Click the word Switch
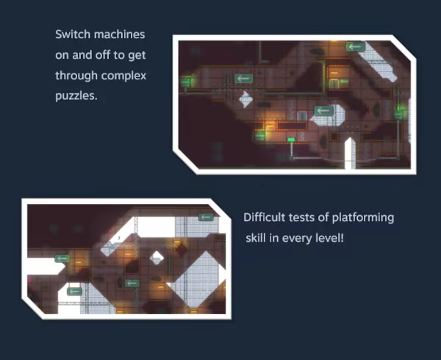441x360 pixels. click(73, 35)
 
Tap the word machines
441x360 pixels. click(120, 35)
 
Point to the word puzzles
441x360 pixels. click(76, 96)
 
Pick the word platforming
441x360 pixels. click(363, 217)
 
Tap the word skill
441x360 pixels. click(256, 238)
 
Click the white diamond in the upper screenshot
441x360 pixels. click(245, 99)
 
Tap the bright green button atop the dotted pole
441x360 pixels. click(291, 140)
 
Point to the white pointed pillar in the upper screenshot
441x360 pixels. click(350, 153)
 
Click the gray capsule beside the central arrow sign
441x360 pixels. click(302, 116)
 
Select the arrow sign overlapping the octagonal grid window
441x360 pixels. click(323, 111)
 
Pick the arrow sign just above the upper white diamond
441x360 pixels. click(243, 79)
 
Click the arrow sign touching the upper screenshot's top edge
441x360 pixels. click(356, 46)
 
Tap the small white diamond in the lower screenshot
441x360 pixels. click(157, 258)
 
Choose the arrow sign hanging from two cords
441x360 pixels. click(132, 284)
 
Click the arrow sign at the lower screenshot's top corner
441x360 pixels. click(206, 217)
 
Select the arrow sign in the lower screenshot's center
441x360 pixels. click(132, 284)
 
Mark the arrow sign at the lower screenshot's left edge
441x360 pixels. click(62, 259)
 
